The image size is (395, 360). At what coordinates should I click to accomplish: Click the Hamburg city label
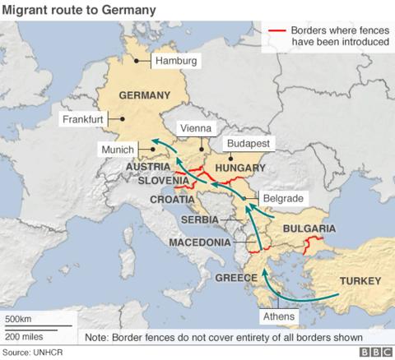[179, 61]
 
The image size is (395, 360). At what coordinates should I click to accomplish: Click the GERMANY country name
[144, 95]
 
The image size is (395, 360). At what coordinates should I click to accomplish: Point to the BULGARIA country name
[309, 228]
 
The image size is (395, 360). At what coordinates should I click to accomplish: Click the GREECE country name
[236, 278]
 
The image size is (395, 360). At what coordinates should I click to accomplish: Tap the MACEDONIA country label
[199, 242]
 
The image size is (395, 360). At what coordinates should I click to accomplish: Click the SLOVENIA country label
[165, 181]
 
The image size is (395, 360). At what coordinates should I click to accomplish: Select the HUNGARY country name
[239, 168]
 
